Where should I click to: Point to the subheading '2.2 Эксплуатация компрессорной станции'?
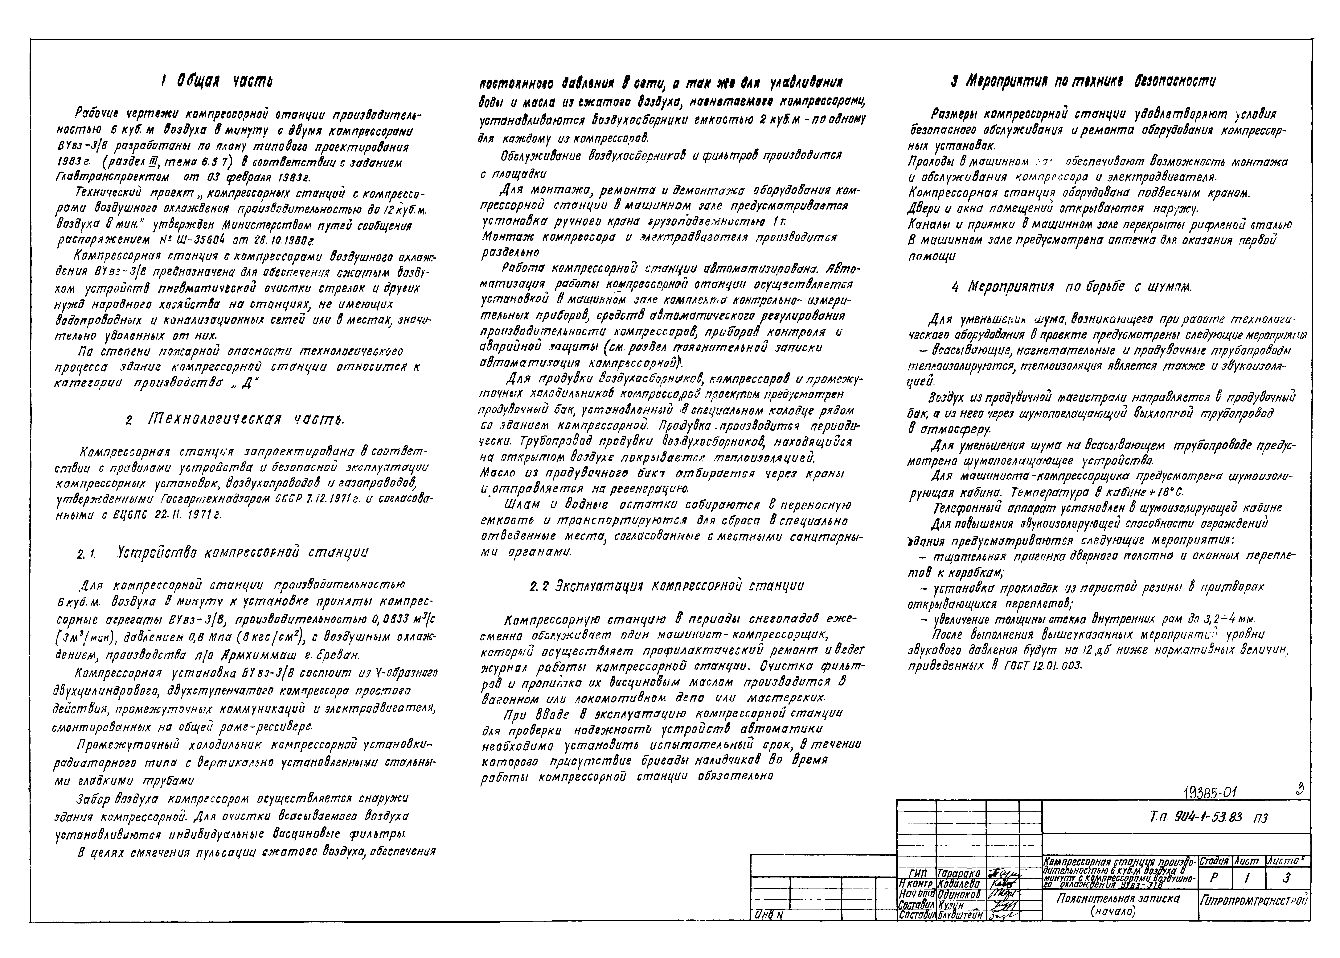pos(666,586)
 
